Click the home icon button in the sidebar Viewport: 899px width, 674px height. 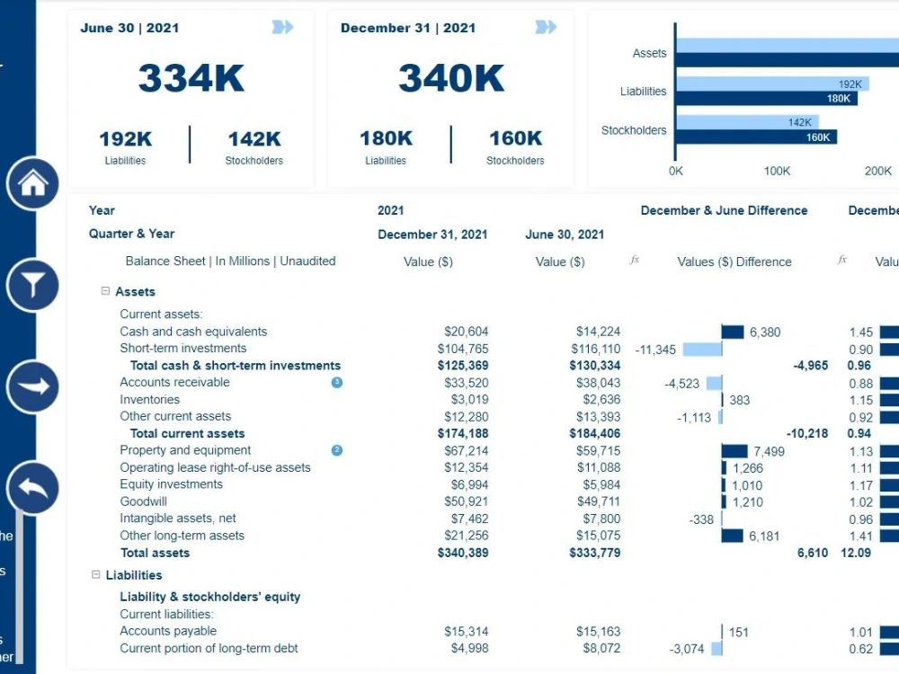click(33, 183)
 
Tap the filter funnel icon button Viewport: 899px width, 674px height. click(33, 286)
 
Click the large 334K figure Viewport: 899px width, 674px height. click(191, 78)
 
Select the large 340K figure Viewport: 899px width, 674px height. click(451, 78)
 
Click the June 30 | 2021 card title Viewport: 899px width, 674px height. click(129, 28)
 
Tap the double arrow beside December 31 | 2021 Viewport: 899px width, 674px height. click(546, 28)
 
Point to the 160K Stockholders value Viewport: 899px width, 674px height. click(515, 138)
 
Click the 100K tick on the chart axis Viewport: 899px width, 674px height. click(777, 171)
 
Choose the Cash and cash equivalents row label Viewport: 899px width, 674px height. click(193, 332)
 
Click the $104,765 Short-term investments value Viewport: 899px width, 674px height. click(463, 349)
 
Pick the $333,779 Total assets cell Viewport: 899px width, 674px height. click(594, 553)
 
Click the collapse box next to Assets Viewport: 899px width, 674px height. click(106, 291)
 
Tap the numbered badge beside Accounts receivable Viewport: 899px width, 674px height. click(337, 383)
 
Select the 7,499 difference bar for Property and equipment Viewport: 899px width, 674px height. click(734, 451)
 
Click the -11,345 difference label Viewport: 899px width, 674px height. click(655, 350)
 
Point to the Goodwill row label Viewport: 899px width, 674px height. click(144, 501)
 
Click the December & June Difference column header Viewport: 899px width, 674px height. click(724, 210)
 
